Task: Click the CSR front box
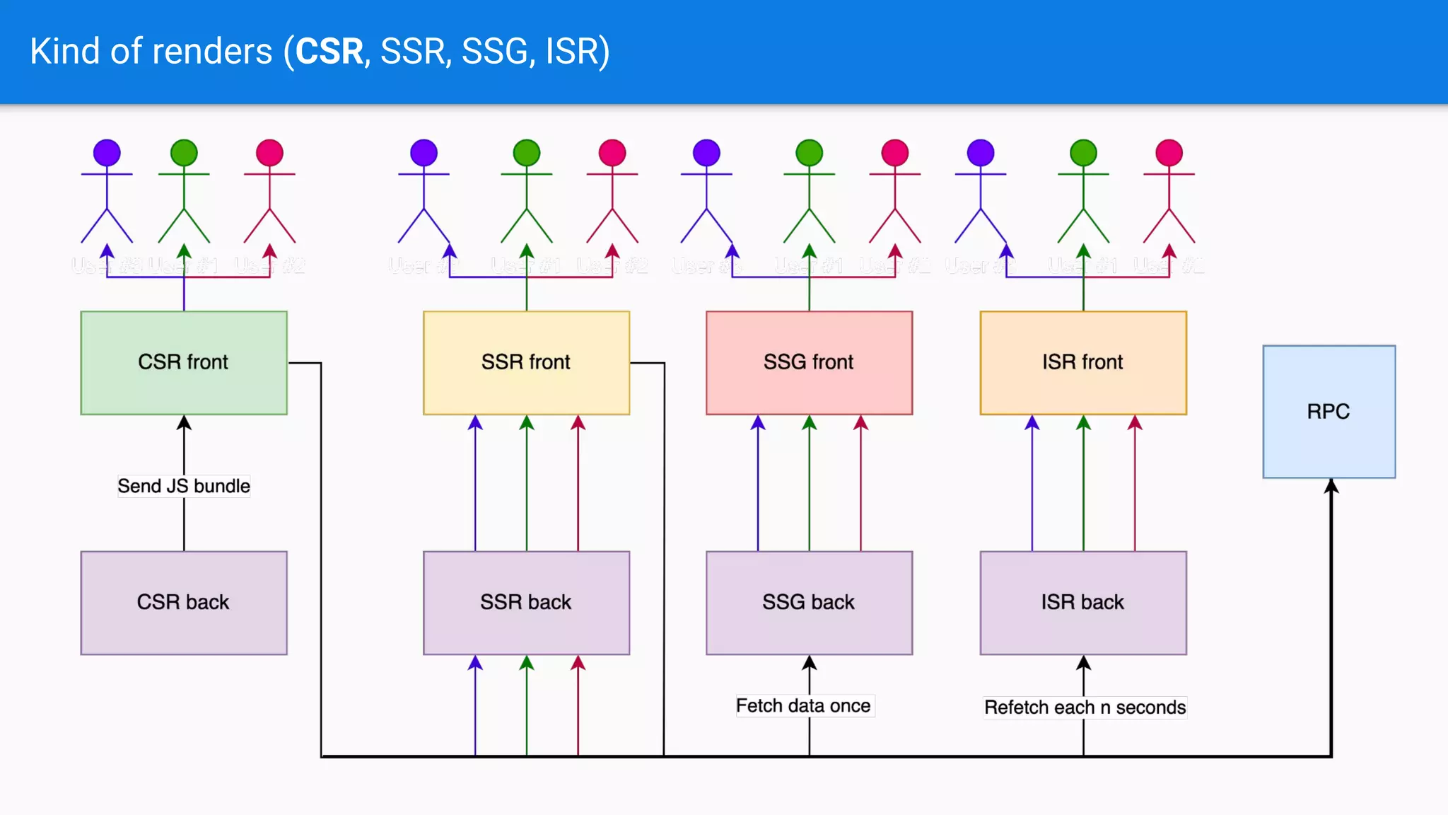[184, 362]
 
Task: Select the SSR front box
[526, 362]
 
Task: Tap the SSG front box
[809, 362]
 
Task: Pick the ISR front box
[1082, 362]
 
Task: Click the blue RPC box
[1329, 411]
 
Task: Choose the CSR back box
[184, 602]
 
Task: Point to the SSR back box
[526, 602]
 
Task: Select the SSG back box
[809, 602]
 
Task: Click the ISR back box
[1082, 602]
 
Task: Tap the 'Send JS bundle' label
[184, 486]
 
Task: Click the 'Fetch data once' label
[803, 705]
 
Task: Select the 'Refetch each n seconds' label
[1085, 707]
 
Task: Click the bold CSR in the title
[329, 52]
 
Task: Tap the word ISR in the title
[571, 52]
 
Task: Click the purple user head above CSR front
[107, 153]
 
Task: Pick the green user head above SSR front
[526, 153]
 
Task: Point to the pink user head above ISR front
[1169, 153]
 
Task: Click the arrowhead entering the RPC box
[1331, 486]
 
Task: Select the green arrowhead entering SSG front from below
[809, 423]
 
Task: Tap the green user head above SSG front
[809, 153]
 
